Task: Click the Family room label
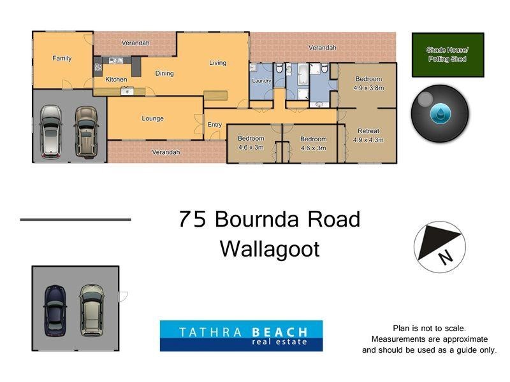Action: pos(62,58)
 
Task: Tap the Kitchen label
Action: pos(116,80)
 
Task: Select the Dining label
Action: pos(164,73)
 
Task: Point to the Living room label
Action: pos(218,62)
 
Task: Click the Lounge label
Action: pos(153,118)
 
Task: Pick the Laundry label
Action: pos(261,81)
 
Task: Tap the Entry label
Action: pos(215,124)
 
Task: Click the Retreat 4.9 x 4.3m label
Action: pos(368,135)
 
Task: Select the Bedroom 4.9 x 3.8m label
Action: pos(368,83)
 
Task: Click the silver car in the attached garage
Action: pos(50,131)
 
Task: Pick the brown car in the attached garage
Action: pos(85,131)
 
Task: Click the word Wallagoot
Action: pos(269,248)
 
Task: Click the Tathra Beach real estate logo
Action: pos(241,336)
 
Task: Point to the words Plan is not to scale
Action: pos(429,328)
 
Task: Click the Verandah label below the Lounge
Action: pos(166,152)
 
